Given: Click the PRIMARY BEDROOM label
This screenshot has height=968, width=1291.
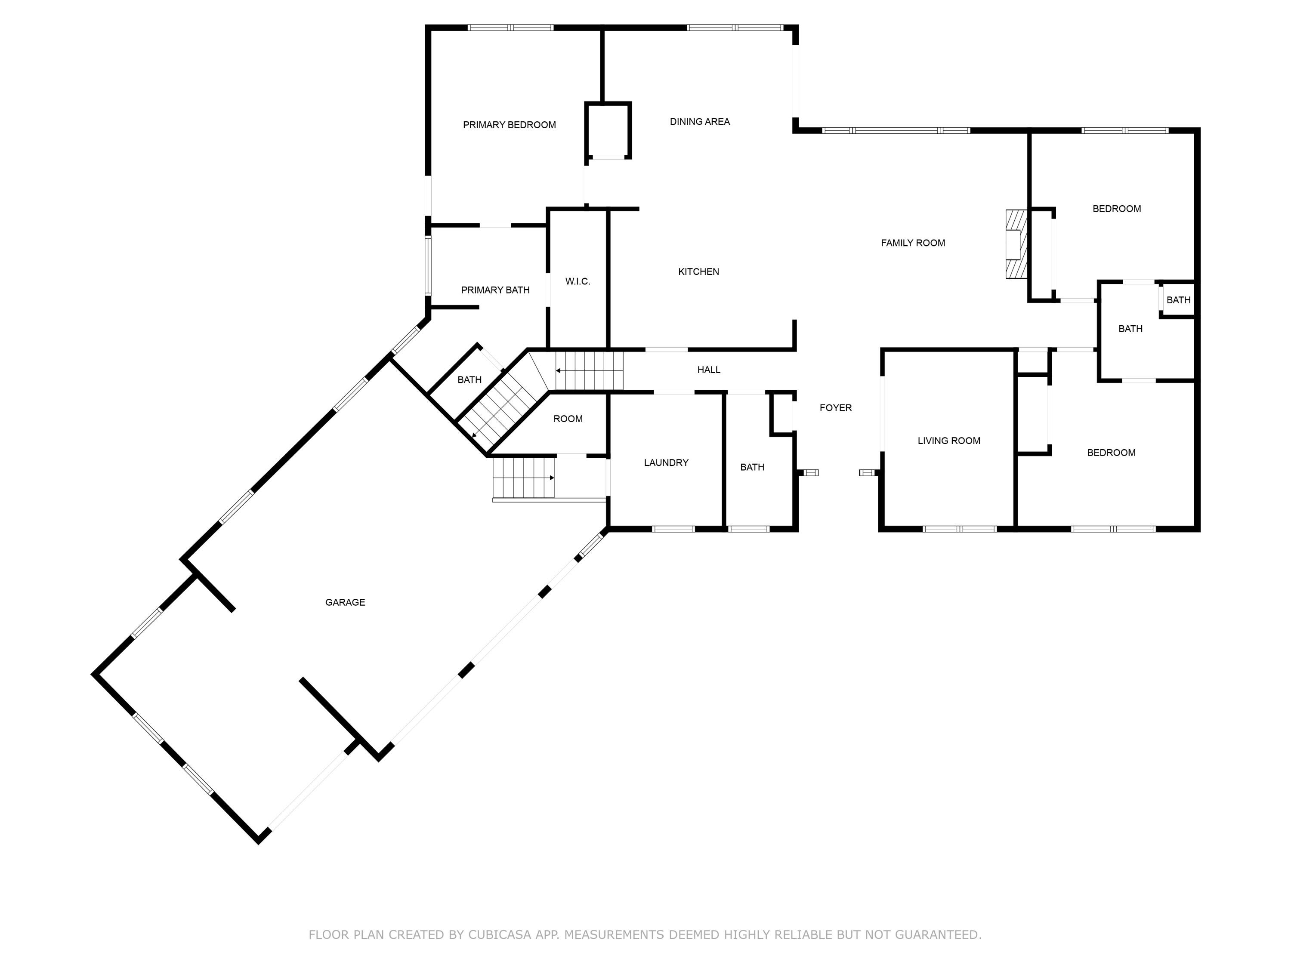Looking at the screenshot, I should point(509,125).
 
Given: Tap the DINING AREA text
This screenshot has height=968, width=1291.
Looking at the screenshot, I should point(699,122).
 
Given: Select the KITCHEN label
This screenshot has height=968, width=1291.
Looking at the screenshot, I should point(698,272).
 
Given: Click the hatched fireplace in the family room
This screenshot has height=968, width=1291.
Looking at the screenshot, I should point(1016,244).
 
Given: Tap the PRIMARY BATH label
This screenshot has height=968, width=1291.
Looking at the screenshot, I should point(495,290).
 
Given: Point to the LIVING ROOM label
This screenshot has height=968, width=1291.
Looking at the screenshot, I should point(948,441).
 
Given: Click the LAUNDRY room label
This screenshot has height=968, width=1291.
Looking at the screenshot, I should point(666,462).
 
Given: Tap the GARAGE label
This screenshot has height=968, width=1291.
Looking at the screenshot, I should point(345,603).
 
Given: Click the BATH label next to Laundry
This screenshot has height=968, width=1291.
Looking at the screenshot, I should point(752,467).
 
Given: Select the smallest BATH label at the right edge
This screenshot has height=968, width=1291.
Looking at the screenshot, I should point(1178,300).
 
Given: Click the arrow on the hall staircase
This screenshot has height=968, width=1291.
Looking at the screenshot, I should point(559,370).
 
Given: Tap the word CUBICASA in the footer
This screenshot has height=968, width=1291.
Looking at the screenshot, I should point(500,935).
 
